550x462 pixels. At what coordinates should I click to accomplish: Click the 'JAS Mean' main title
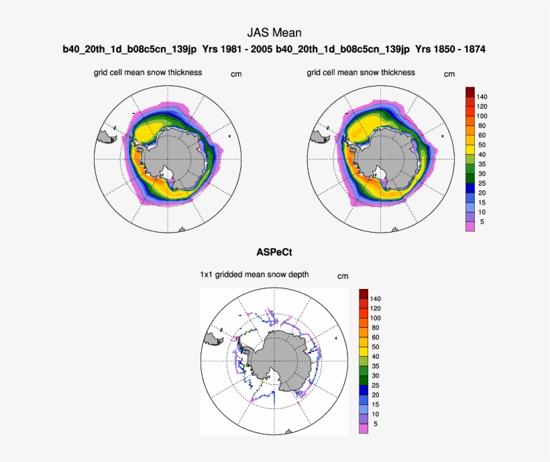(274, 32)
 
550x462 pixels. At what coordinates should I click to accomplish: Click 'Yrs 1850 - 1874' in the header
(451, 50)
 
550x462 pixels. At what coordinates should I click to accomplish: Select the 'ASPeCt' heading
(274, 253)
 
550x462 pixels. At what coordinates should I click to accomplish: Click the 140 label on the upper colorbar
(482, 97)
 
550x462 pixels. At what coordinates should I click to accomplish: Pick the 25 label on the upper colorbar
(481, 182)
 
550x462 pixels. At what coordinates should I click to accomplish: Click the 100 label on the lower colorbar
(375, 318)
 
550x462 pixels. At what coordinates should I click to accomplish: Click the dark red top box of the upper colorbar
(470, 91)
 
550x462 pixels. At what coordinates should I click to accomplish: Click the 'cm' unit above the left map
(236, 74)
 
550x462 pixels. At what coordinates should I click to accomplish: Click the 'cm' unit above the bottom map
(343, 276)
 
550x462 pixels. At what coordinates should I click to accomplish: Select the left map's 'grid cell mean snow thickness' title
(148, 72)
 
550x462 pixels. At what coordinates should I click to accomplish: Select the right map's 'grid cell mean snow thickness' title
(361, 72)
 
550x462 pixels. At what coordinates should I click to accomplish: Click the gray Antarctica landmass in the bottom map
(282, 359)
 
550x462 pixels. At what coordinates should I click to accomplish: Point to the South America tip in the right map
(320, 137)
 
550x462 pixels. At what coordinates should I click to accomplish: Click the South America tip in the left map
(107, 137)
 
